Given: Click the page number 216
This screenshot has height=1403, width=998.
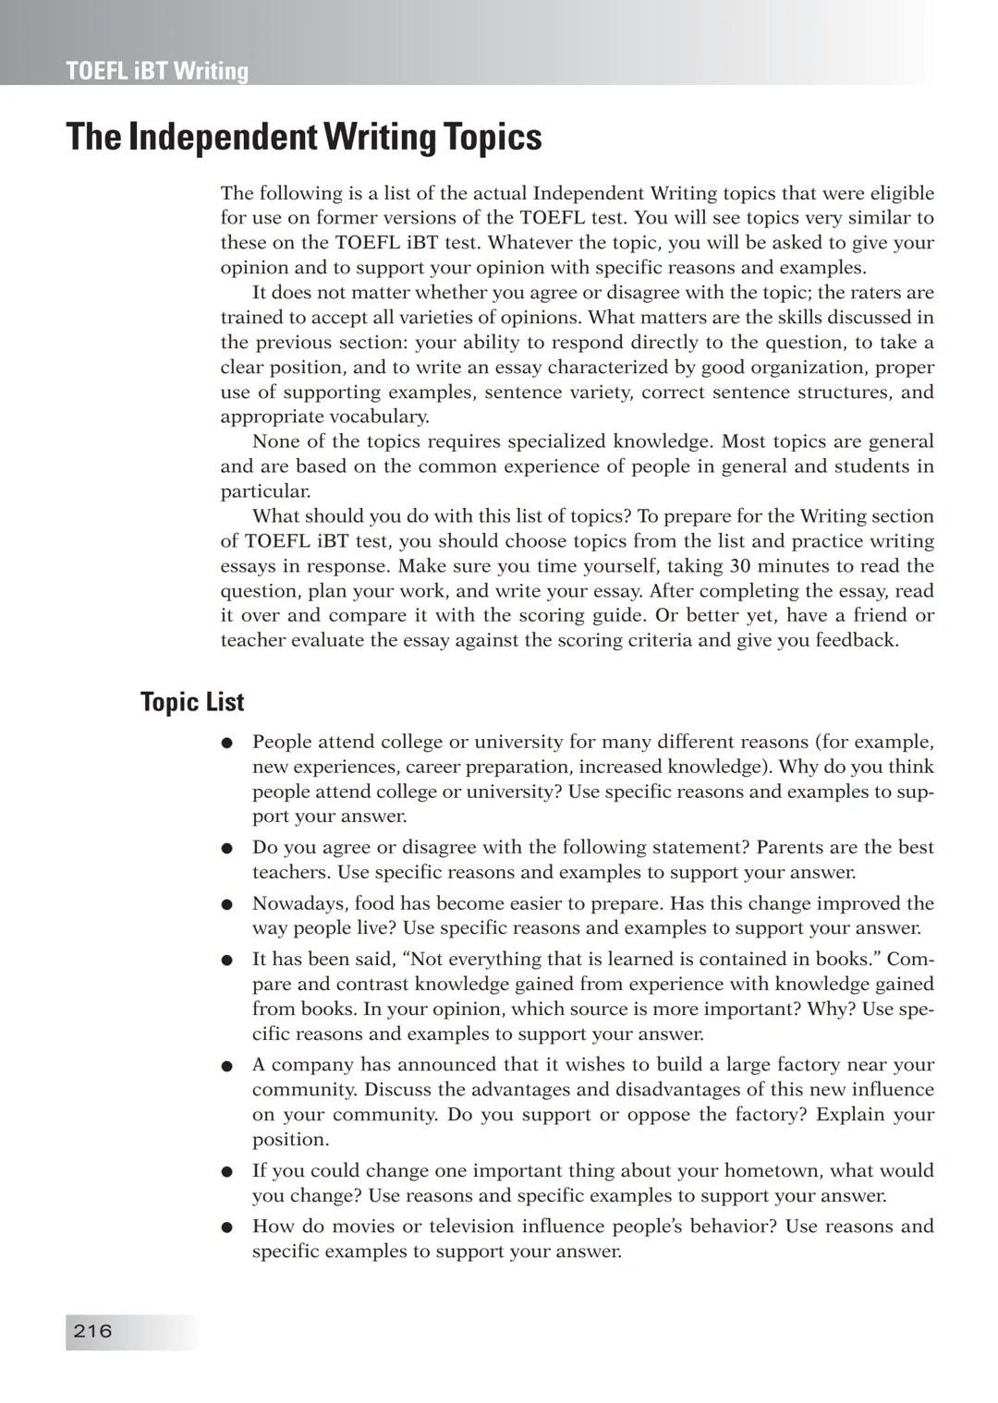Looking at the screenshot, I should click(92, 1331).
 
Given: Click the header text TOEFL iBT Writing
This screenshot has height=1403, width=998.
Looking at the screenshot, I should click(157, 71).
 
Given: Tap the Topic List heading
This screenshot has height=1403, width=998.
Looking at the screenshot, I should click(192, 702).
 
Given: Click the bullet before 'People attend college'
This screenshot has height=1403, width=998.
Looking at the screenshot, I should click(225, 743).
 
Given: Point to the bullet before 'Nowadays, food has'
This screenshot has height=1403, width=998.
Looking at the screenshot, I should click(225, 904).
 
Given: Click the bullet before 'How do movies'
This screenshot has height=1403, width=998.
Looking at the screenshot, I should click(225, 1228).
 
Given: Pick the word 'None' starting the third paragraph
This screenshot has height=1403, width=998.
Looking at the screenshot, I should click(275, 441).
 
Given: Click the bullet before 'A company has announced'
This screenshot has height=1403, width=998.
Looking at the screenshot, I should click(225, 1066).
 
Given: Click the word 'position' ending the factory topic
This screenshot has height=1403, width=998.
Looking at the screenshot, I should click(289, 1140).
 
